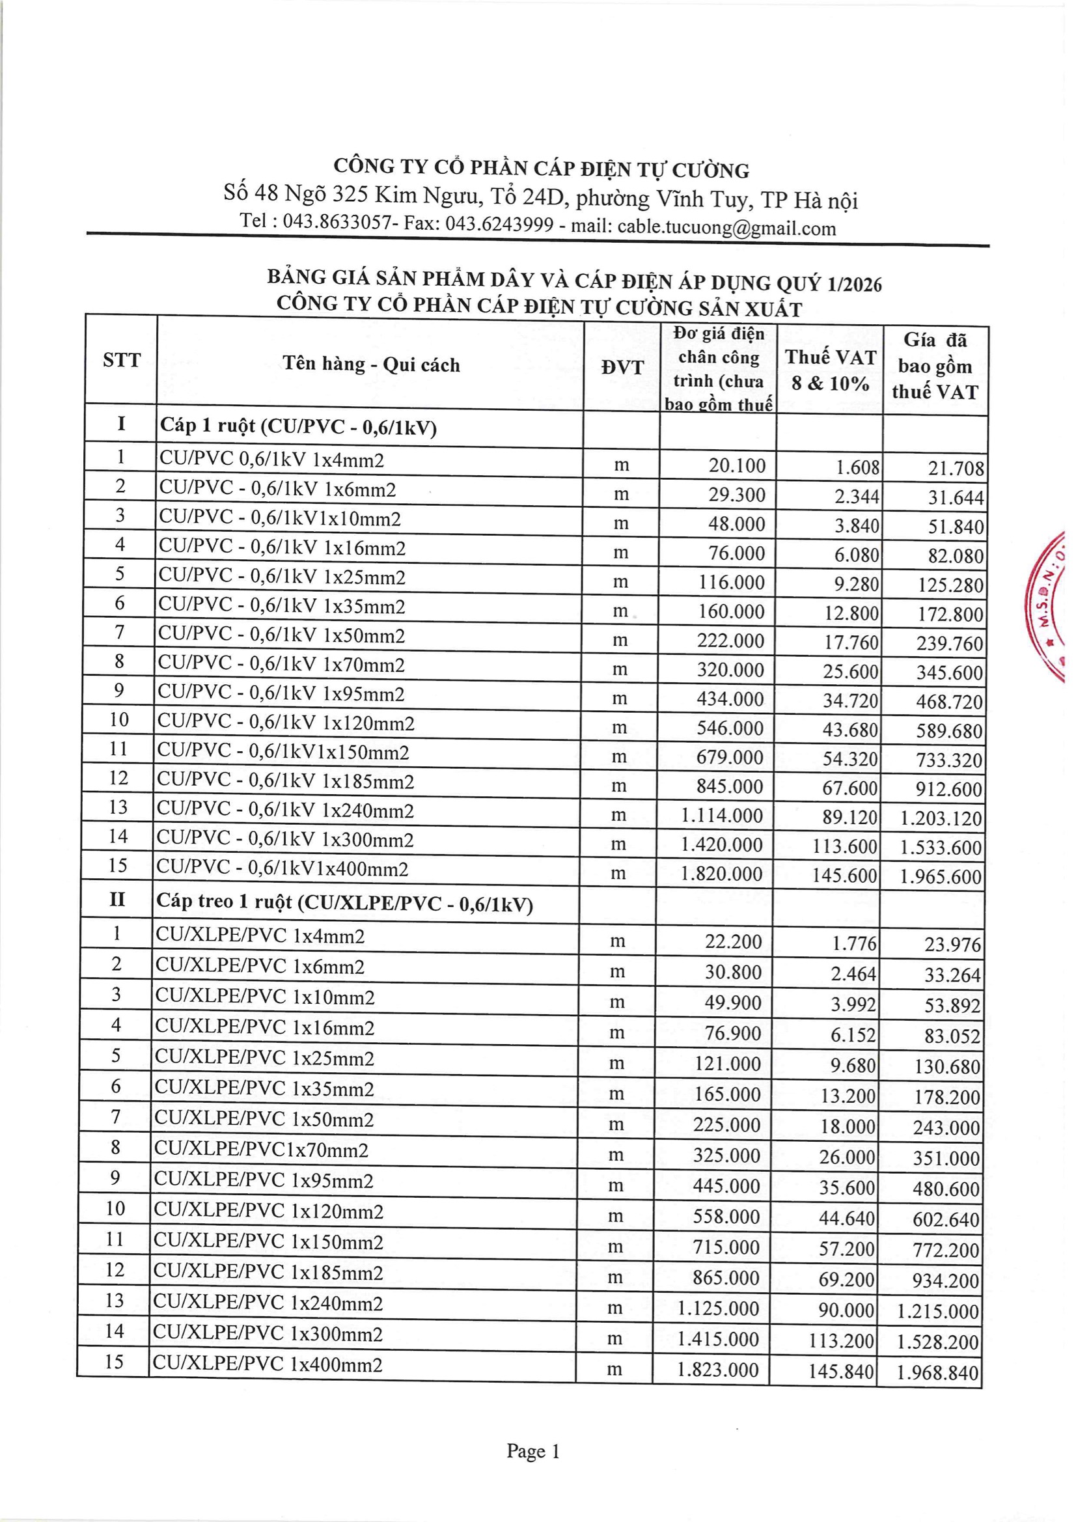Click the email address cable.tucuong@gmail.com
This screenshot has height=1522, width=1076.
[726, 228]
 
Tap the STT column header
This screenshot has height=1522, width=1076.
[122, 360]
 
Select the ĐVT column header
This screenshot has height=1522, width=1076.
[622, 367]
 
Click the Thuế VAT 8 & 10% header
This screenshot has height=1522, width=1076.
[830, 370]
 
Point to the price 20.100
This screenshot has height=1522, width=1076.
[737, 465]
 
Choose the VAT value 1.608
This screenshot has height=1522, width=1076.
[857, 467]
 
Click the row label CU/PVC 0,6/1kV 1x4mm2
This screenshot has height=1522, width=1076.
[272, 460]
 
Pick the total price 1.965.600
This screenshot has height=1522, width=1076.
[940, 876]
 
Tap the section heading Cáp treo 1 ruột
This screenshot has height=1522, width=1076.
[345, 903]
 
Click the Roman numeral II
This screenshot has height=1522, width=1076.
[117, 900]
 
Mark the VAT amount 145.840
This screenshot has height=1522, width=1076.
[840, 1371]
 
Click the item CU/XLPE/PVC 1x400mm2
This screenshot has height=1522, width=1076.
[268, 1364]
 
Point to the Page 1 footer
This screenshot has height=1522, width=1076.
[533, 1452]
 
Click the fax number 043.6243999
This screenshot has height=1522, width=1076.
[499, 225]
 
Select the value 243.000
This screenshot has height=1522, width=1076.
[945, 1128]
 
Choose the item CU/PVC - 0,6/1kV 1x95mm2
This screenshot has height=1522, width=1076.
[281, 693]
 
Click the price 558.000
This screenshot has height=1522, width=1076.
[726, 1217]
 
